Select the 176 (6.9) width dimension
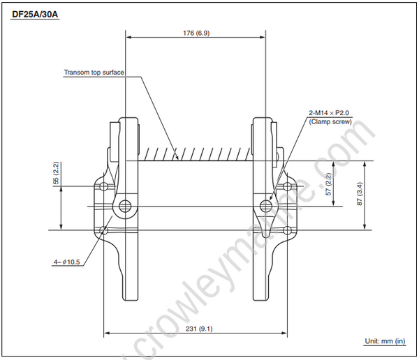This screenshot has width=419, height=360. pyautogui.click(x=195, y=33)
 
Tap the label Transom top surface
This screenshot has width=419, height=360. pyautogui.click(x=94, y=73)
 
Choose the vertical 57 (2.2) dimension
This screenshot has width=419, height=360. pyautogui.click(x=328, y=183)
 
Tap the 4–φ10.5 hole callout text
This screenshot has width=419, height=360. pyautogui.click(x=66, y=262)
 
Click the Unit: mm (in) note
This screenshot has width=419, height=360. pyautogui.click(x=384, y=341)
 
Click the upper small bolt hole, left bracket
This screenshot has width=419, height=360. pyautogui.click(x=103, y=187)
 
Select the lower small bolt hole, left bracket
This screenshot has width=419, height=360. pyautogui.click(x=103, y=230)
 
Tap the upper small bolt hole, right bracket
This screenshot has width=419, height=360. pyautogui.click(x=286, y=187)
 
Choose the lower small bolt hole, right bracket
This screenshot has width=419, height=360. pyautogui.click(x=286, y=230)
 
